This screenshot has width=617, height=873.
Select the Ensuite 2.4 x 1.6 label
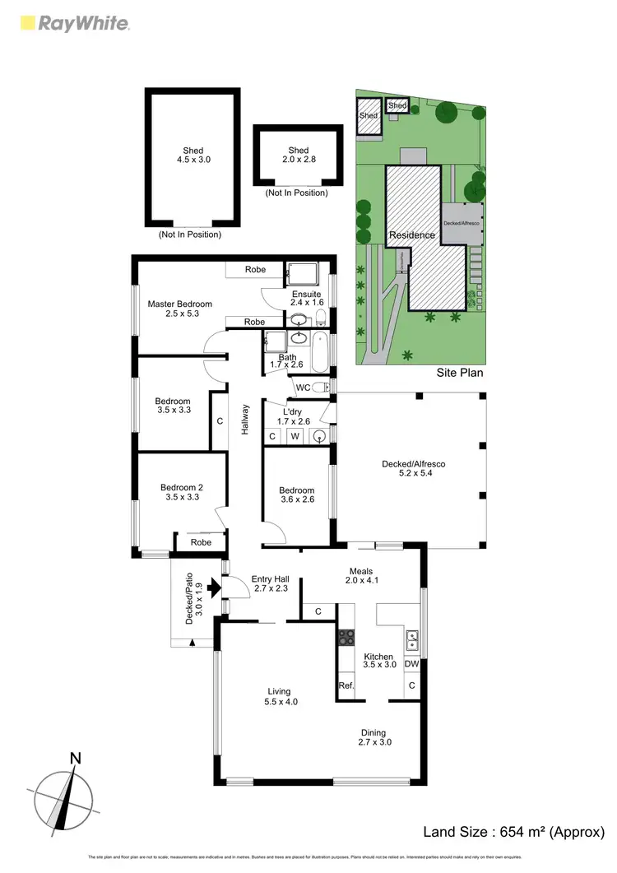306,299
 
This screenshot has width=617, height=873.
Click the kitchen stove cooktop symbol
346,636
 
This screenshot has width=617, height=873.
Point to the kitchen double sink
412,636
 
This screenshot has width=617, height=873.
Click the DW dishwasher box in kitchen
412,664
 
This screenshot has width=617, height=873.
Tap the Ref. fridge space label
346,685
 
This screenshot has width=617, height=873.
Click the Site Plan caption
459,373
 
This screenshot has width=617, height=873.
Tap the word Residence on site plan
412,235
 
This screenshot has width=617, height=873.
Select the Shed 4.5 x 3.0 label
193,156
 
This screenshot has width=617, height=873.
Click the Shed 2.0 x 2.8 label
299,156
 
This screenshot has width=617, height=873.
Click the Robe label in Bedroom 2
201,542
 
